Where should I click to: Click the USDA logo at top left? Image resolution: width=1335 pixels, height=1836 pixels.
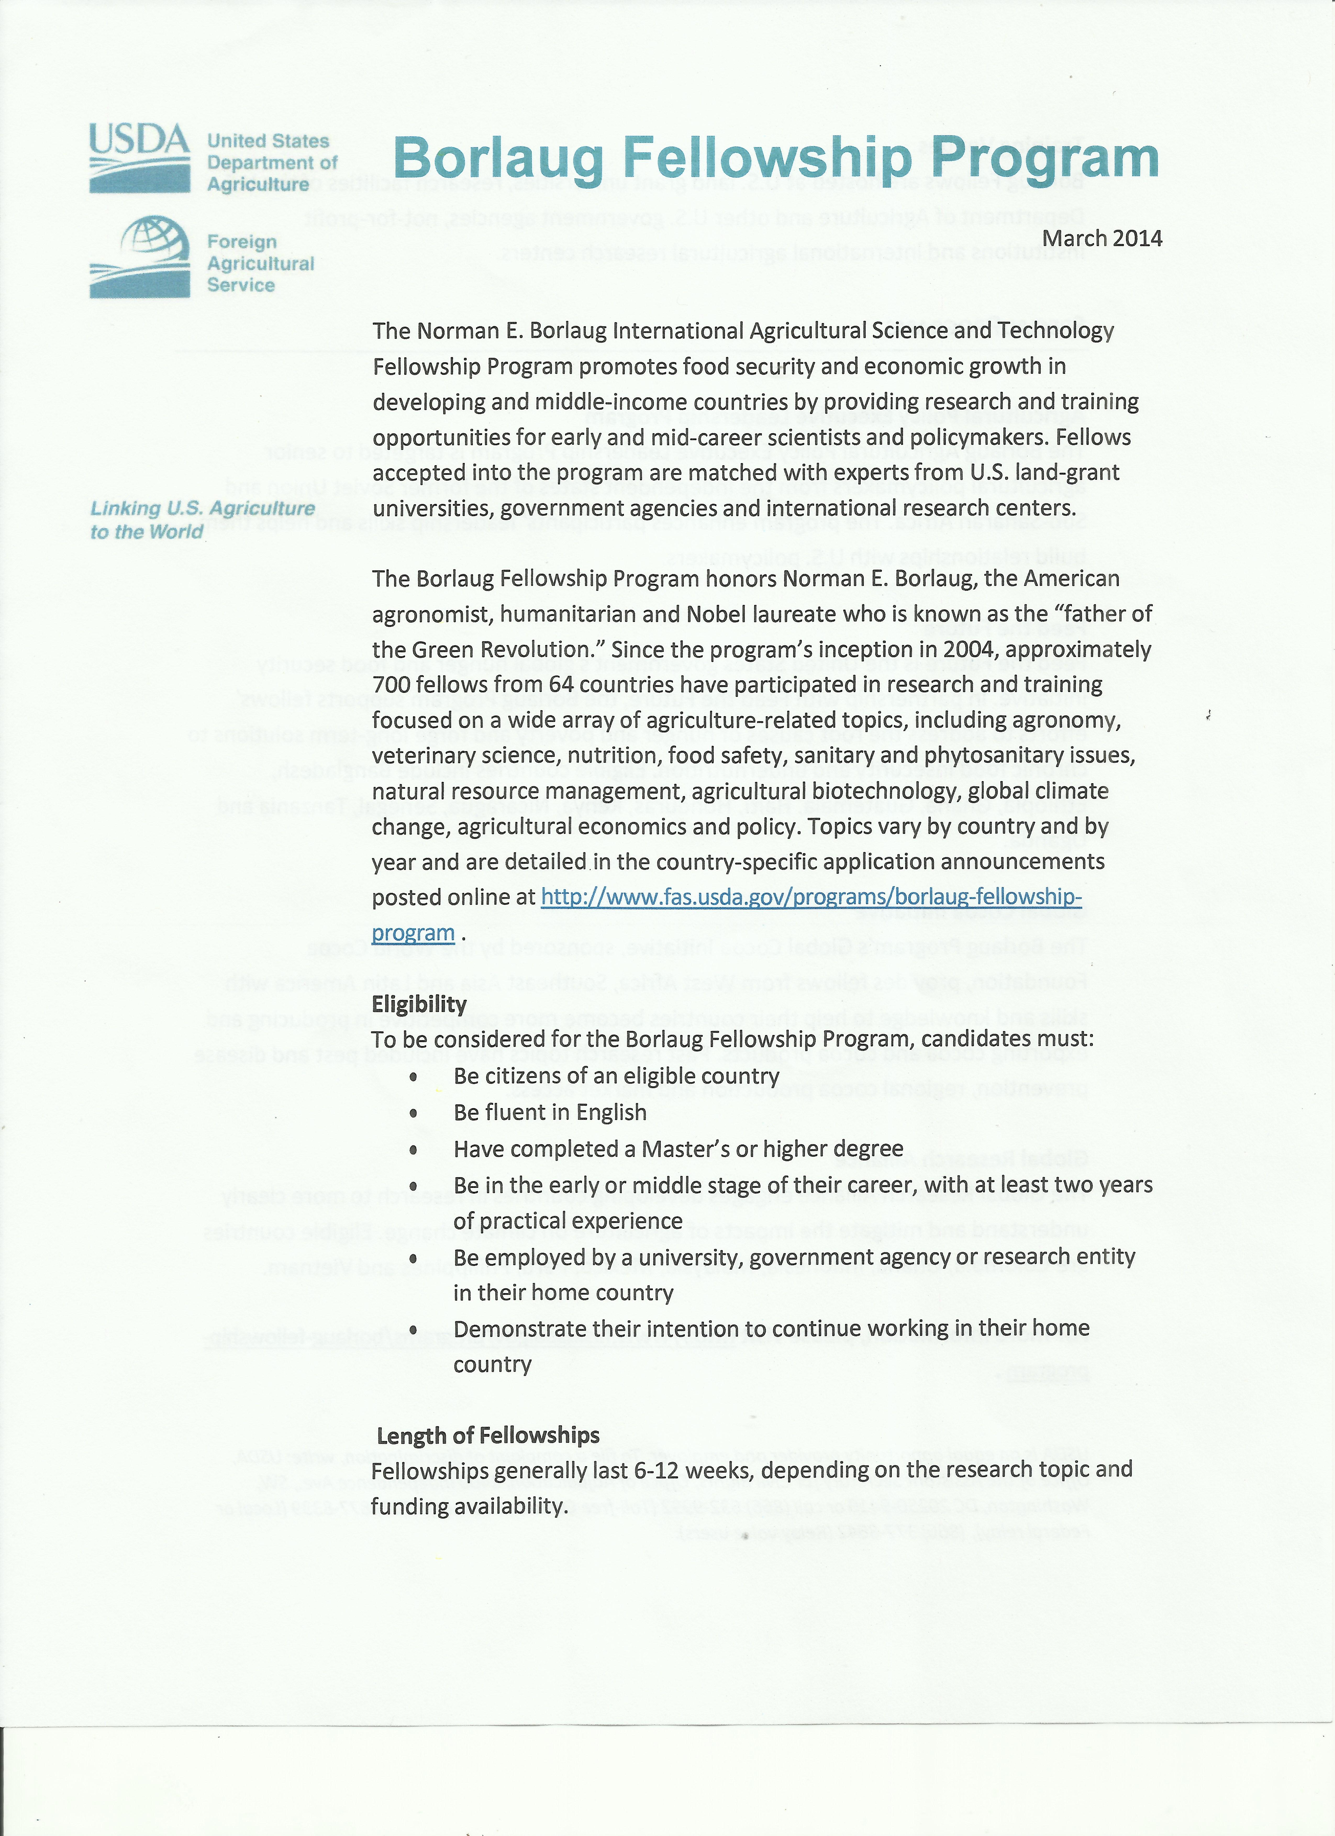point(139,158)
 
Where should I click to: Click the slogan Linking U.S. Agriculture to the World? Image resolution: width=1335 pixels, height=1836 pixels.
point(202,520)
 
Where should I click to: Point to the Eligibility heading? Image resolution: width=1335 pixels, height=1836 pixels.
point(419,1004)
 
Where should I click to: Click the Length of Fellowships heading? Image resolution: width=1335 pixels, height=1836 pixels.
point(488,1435)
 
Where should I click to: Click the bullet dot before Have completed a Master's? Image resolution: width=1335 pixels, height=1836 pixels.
point(414,1149)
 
